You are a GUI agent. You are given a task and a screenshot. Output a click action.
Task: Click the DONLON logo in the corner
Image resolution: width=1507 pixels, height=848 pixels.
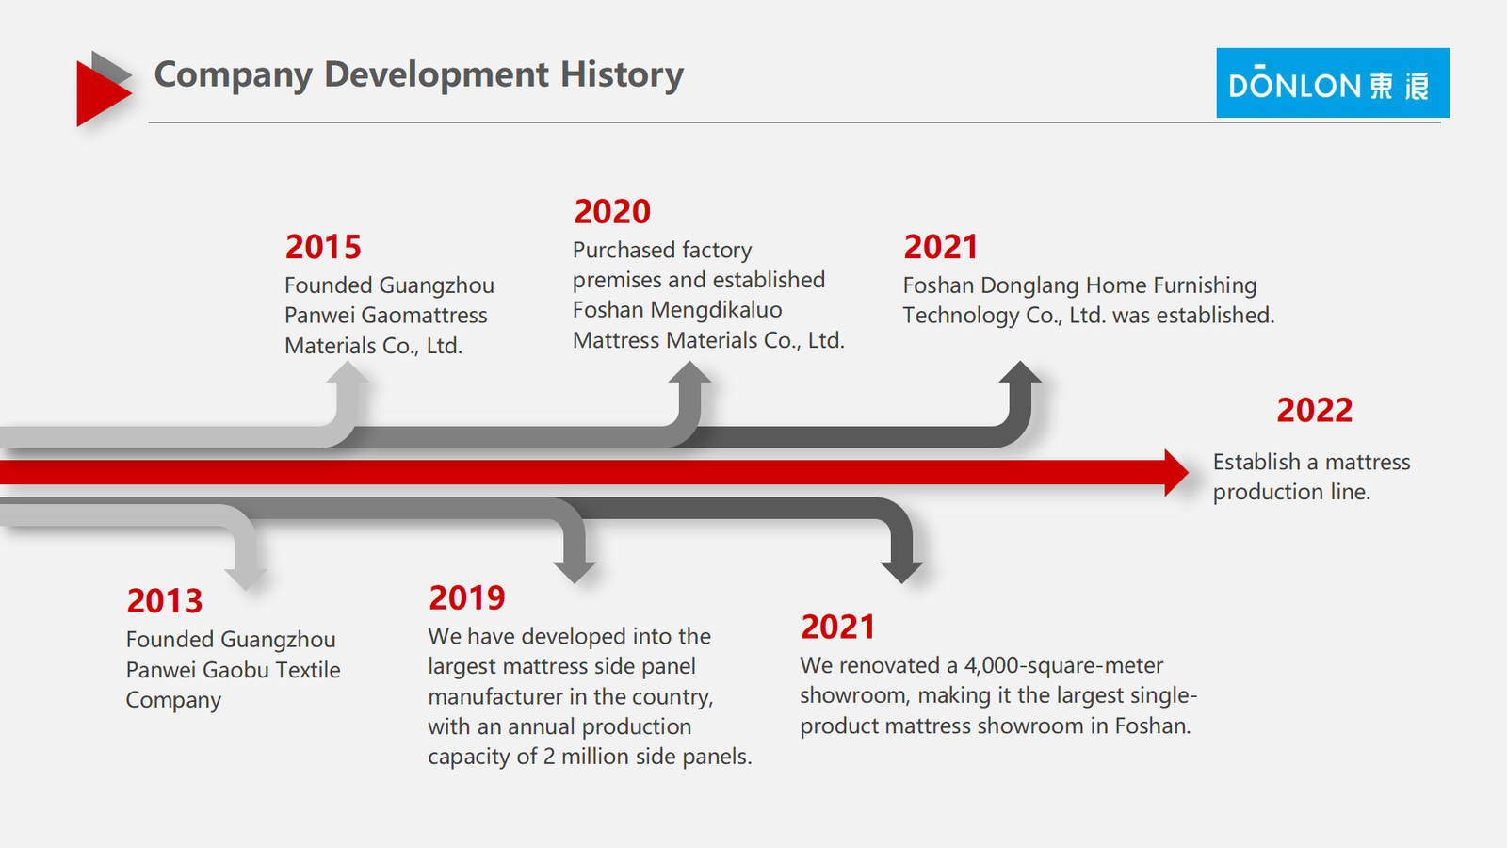1332,83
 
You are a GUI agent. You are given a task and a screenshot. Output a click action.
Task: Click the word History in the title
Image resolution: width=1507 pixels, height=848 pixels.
622,74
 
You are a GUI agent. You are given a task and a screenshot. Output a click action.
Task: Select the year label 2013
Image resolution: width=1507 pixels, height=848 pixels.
165,601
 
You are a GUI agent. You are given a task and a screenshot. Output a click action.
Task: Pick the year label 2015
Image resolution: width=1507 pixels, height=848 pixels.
323,247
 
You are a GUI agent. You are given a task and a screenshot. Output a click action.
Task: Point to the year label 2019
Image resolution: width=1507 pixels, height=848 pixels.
467,597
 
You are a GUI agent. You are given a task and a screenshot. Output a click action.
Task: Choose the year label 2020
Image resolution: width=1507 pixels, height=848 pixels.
612,211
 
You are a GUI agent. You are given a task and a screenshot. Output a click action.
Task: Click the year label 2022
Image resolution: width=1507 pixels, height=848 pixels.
1315,411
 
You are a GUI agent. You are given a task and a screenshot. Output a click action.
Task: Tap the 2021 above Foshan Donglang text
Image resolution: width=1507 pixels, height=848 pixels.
941,247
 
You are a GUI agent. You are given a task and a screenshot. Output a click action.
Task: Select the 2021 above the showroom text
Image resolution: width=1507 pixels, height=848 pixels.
837,627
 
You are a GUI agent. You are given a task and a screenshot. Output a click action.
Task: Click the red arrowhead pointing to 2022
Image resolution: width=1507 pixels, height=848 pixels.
1177,473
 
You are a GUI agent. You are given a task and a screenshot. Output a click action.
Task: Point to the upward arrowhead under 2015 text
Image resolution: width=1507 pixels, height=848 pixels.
348,372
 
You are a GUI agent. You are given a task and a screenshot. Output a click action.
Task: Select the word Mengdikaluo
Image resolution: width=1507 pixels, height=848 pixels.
717,310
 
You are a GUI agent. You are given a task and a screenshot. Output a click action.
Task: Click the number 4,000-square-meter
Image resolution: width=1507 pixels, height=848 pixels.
1063,665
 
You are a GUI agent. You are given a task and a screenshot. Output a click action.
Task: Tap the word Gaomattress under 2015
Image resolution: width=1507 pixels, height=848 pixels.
424,315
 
